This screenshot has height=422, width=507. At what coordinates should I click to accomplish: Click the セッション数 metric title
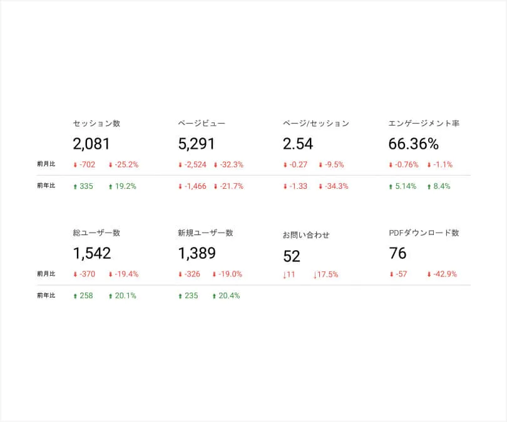coord(96,124)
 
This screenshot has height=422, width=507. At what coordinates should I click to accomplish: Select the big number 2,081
coord(91,144)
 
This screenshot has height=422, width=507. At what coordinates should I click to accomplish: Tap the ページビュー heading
coord(201,124)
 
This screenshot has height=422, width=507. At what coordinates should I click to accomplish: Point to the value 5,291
coord(197,144)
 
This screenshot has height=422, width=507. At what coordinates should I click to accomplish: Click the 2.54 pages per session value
coord(298,144)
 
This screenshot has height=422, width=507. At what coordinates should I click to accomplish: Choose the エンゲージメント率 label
coord(424,124)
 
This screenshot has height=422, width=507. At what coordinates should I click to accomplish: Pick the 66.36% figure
coord(413,144)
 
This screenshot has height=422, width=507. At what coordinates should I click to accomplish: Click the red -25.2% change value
coord(126,165)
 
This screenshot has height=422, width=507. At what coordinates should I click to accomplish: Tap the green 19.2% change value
coord(125,186)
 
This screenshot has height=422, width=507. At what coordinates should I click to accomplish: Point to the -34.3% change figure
coord(336,186)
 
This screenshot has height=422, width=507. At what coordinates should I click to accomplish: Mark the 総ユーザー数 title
coord(96,233)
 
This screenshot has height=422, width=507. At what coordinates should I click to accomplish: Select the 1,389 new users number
coord(197,253)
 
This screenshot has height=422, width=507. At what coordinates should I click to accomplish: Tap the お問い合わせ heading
coord(306,235)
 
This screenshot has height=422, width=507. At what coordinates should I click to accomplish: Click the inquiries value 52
coord(292,256)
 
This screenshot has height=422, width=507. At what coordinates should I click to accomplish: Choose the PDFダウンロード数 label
coord(424,233)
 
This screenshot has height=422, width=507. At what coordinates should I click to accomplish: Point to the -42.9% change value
coord(444,274)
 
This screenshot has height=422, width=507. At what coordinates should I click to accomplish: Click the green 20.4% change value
coord(228,296)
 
